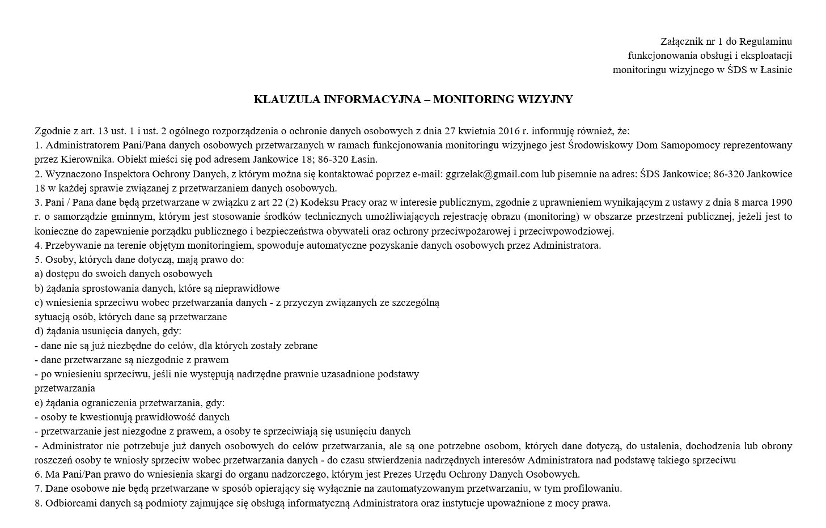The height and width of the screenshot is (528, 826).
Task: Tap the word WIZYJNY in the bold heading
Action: [545, 100]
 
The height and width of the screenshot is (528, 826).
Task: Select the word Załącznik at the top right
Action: [681, 41]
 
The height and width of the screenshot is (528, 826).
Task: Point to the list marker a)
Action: [39, 274]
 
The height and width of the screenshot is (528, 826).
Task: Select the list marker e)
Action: [39, 403]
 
